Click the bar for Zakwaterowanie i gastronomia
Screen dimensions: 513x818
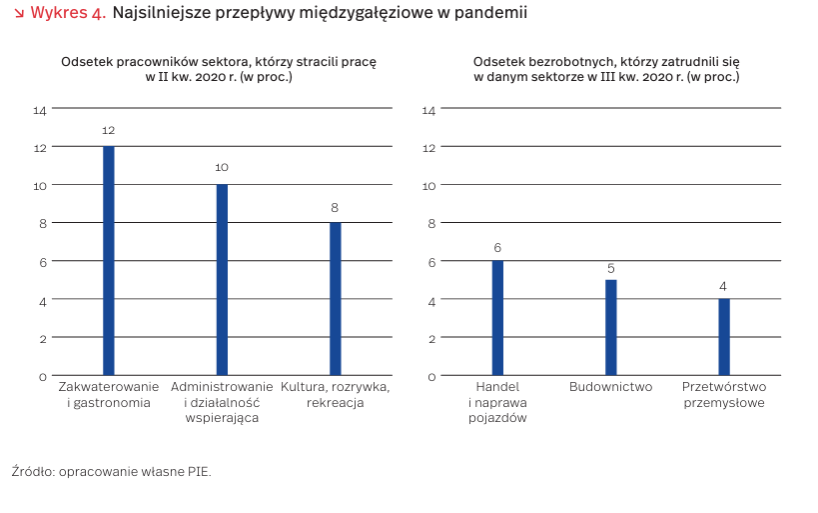[x=109, y=261]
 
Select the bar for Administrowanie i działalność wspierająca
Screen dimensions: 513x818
[x=222, y=280]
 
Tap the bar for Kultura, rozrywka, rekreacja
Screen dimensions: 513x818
[x=336, y=299]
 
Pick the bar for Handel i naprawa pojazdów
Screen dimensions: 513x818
[x=497, y=318]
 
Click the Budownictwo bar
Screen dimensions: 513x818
[x=610, y=327]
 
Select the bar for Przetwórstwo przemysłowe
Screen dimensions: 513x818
[x=724, y=337]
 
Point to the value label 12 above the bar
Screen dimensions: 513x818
[x=109, y=131]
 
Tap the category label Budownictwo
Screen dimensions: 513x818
[x=610, y=387]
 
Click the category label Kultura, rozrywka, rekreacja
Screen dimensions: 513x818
[x=336, y=395]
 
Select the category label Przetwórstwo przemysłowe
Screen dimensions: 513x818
[x=724, y=395]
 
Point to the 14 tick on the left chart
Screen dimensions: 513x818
[x=40, y=110]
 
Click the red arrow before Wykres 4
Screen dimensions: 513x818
[x=20, y=14]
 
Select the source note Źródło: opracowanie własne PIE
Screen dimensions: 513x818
[x=112, y=470]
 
